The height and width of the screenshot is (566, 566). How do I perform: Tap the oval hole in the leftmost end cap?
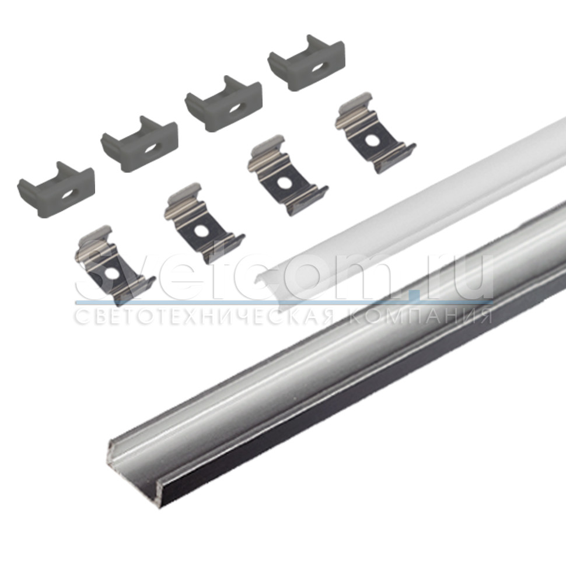[x=68, y=195]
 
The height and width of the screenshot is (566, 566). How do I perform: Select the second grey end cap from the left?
[x=139, y=144]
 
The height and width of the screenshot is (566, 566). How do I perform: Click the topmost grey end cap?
[x=306, y=63]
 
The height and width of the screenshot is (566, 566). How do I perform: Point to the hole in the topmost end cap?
[x=317, y=68]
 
